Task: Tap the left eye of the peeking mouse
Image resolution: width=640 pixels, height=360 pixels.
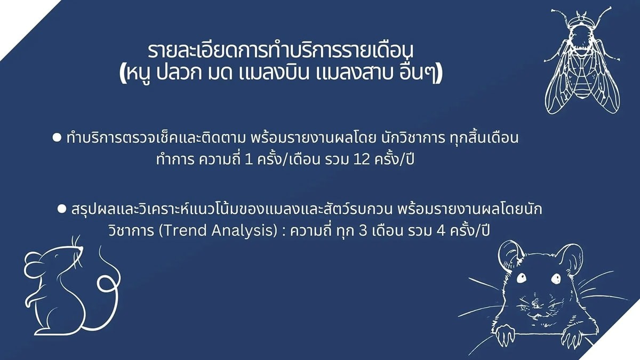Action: pos(521,278)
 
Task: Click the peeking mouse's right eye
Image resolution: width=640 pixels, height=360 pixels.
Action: pos(556,278)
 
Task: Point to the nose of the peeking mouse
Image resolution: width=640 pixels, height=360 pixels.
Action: pos(537,305)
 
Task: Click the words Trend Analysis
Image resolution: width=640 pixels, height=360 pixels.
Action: pos(218,230)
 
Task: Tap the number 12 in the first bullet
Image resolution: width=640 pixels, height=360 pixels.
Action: pos(362,159)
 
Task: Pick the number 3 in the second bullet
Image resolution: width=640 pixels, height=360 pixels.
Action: pos(363,231)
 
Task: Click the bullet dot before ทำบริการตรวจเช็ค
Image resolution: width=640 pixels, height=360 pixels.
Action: pos(57,138)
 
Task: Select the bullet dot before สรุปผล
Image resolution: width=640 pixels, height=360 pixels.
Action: pos(62,209)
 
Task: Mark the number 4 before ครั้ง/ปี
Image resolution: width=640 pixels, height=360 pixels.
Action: pos(441,231)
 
